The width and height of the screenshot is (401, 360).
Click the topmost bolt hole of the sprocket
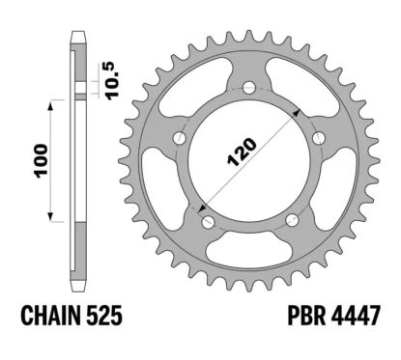point(250,89)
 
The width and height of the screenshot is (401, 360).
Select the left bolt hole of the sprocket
point(178,141)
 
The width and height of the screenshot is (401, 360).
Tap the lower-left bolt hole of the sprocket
point(206,225)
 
